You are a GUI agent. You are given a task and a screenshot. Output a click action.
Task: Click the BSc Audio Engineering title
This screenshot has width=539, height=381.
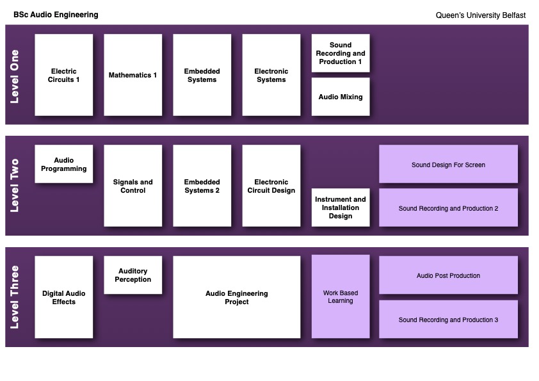coord(56,15)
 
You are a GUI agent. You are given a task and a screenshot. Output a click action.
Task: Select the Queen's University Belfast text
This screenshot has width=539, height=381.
coord(481,15)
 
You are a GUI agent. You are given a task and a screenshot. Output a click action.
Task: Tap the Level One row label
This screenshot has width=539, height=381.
coord(15,76)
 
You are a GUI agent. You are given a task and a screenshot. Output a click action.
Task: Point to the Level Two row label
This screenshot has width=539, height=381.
coord(15,186)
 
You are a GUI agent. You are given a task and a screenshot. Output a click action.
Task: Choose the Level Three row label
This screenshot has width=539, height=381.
coord(15,297)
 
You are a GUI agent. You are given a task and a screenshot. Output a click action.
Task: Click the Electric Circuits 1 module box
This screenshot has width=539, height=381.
coord(64,75)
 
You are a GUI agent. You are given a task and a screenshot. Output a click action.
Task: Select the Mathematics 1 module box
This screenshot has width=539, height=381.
coord(133,75)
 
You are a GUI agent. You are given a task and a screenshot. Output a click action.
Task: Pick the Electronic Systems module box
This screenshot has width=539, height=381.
coord(271,75)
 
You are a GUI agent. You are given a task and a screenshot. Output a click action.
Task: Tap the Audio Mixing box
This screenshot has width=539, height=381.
coord(341,97)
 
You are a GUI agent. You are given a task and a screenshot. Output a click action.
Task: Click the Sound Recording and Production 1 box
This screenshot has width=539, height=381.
coord(341,53)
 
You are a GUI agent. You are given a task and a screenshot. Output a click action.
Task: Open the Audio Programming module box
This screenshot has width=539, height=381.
coord(64,164)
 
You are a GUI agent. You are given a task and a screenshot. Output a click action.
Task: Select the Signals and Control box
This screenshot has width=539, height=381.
coord(133,186)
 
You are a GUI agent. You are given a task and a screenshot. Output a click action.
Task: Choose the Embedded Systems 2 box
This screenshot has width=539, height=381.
coord(202,186)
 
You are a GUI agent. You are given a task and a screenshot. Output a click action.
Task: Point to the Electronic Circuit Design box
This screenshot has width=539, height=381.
coord(271,186)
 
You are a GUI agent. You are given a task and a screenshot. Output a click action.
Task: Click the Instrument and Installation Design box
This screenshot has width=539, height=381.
coord(341,207)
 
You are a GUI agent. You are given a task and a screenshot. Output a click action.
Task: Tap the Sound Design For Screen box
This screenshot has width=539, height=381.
coord(448,165)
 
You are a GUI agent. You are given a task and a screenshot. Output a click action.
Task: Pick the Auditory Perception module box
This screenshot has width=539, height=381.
coord(133,275)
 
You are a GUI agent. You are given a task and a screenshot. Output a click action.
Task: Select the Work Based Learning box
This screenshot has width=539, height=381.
coord(341,296)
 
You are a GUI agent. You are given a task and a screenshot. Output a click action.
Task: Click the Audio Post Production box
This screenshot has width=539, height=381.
coord(448,275)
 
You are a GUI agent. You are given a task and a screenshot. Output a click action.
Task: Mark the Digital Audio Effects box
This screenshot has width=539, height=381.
coord(64,297)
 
